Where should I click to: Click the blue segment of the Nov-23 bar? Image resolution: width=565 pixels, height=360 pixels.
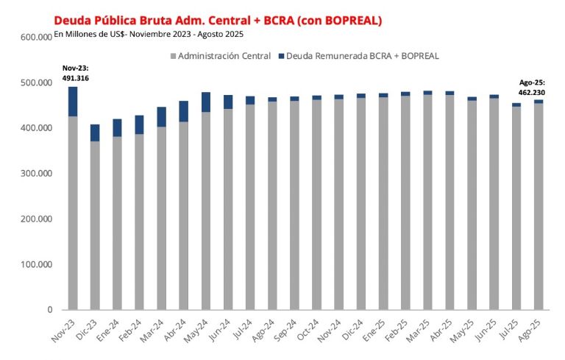pyautogui.click(x=73, y=102)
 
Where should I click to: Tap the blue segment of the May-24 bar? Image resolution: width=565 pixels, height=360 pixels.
pyautogui.click(x=206, y=102)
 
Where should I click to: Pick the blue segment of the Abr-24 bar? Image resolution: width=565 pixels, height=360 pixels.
pyautogui.click(x=184, y=111)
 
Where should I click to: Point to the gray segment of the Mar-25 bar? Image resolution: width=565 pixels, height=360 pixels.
pyautogui.click(x=427, y=202)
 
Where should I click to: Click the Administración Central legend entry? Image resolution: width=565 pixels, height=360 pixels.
pyautogui.click(x=220, y=56)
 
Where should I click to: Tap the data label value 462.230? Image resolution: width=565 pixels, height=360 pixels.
pyautogui.click(x=528, y=93)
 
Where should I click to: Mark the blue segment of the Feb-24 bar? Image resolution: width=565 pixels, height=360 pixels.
pyautogui.click(x=139, y=125)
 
